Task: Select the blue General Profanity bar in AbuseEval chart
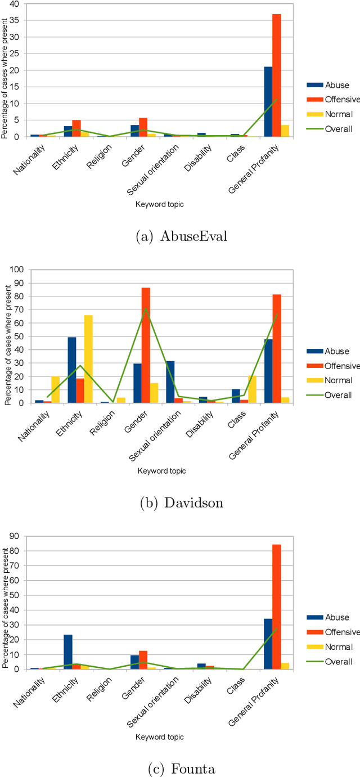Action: [268, 102]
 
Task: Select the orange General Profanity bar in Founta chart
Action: [277, 607]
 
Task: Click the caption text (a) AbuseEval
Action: [181, 236]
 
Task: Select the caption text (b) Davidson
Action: [181, 503]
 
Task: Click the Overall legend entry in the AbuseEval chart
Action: [338, 129]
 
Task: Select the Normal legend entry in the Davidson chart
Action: [338, 380]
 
